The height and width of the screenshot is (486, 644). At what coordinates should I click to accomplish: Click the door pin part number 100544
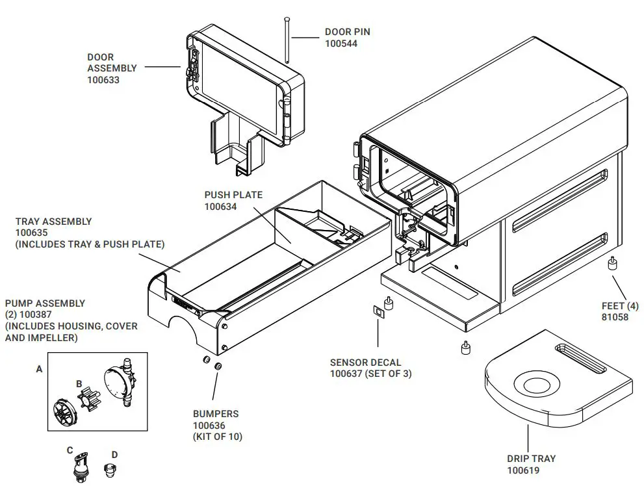point(341,44)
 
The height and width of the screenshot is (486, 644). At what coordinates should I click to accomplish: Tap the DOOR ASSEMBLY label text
point(112,62)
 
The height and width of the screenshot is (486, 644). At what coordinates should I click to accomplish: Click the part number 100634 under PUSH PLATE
point(220,207)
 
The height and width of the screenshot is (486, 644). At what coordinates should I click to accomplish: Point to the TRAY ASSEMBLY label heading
point(53,221)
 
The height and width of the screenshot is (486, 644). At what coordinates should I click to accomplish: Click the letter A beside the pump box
point(39,368)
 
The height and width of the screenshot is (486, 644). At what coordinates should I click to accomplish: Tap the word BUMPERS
point(215,413)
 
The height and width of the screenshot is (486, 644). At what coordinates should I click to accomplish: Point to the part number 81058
point(615,318)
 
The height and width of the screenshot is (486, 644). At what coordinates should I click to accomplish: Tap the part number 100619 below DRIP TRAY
point(523,470)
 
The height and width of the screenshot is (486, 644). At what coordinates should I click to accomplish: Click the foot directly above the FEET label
point(612,265)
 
